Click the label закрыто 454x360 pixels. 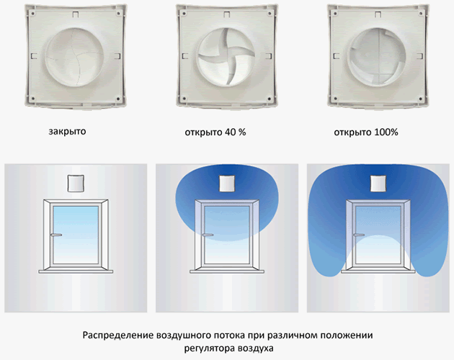click(x=67, y=132)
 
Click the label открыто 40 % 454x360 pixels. click(x=215, y=132)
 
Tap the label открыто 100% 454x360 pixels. click(x=366, y=132)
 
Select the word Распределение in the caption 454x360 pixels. click(x=118, y=336)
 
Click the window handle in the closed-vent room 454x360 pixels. click(x=56, y=235)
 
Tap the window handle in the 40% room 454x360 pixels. click(x=208, y=235)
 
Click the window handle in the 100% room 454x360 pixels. click(x=359, y=235)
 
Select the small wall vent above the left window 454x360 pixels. click(x=76, y=183)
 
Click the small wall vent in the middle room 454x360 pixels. click(x=227, y=183)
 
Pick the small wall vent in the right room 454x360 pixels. click(x=379, y=183)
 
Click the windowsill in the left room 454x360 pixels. click(x=76, y=271)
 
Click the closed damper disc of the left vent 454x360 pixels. click(x=74, y=57)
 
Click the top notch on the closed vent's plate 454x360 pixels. click(x=76, y=14)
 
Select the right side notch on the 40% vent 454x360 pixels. click(x=268, y=56)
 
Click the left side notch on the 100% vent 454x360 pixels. click(x=336, y=56)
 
